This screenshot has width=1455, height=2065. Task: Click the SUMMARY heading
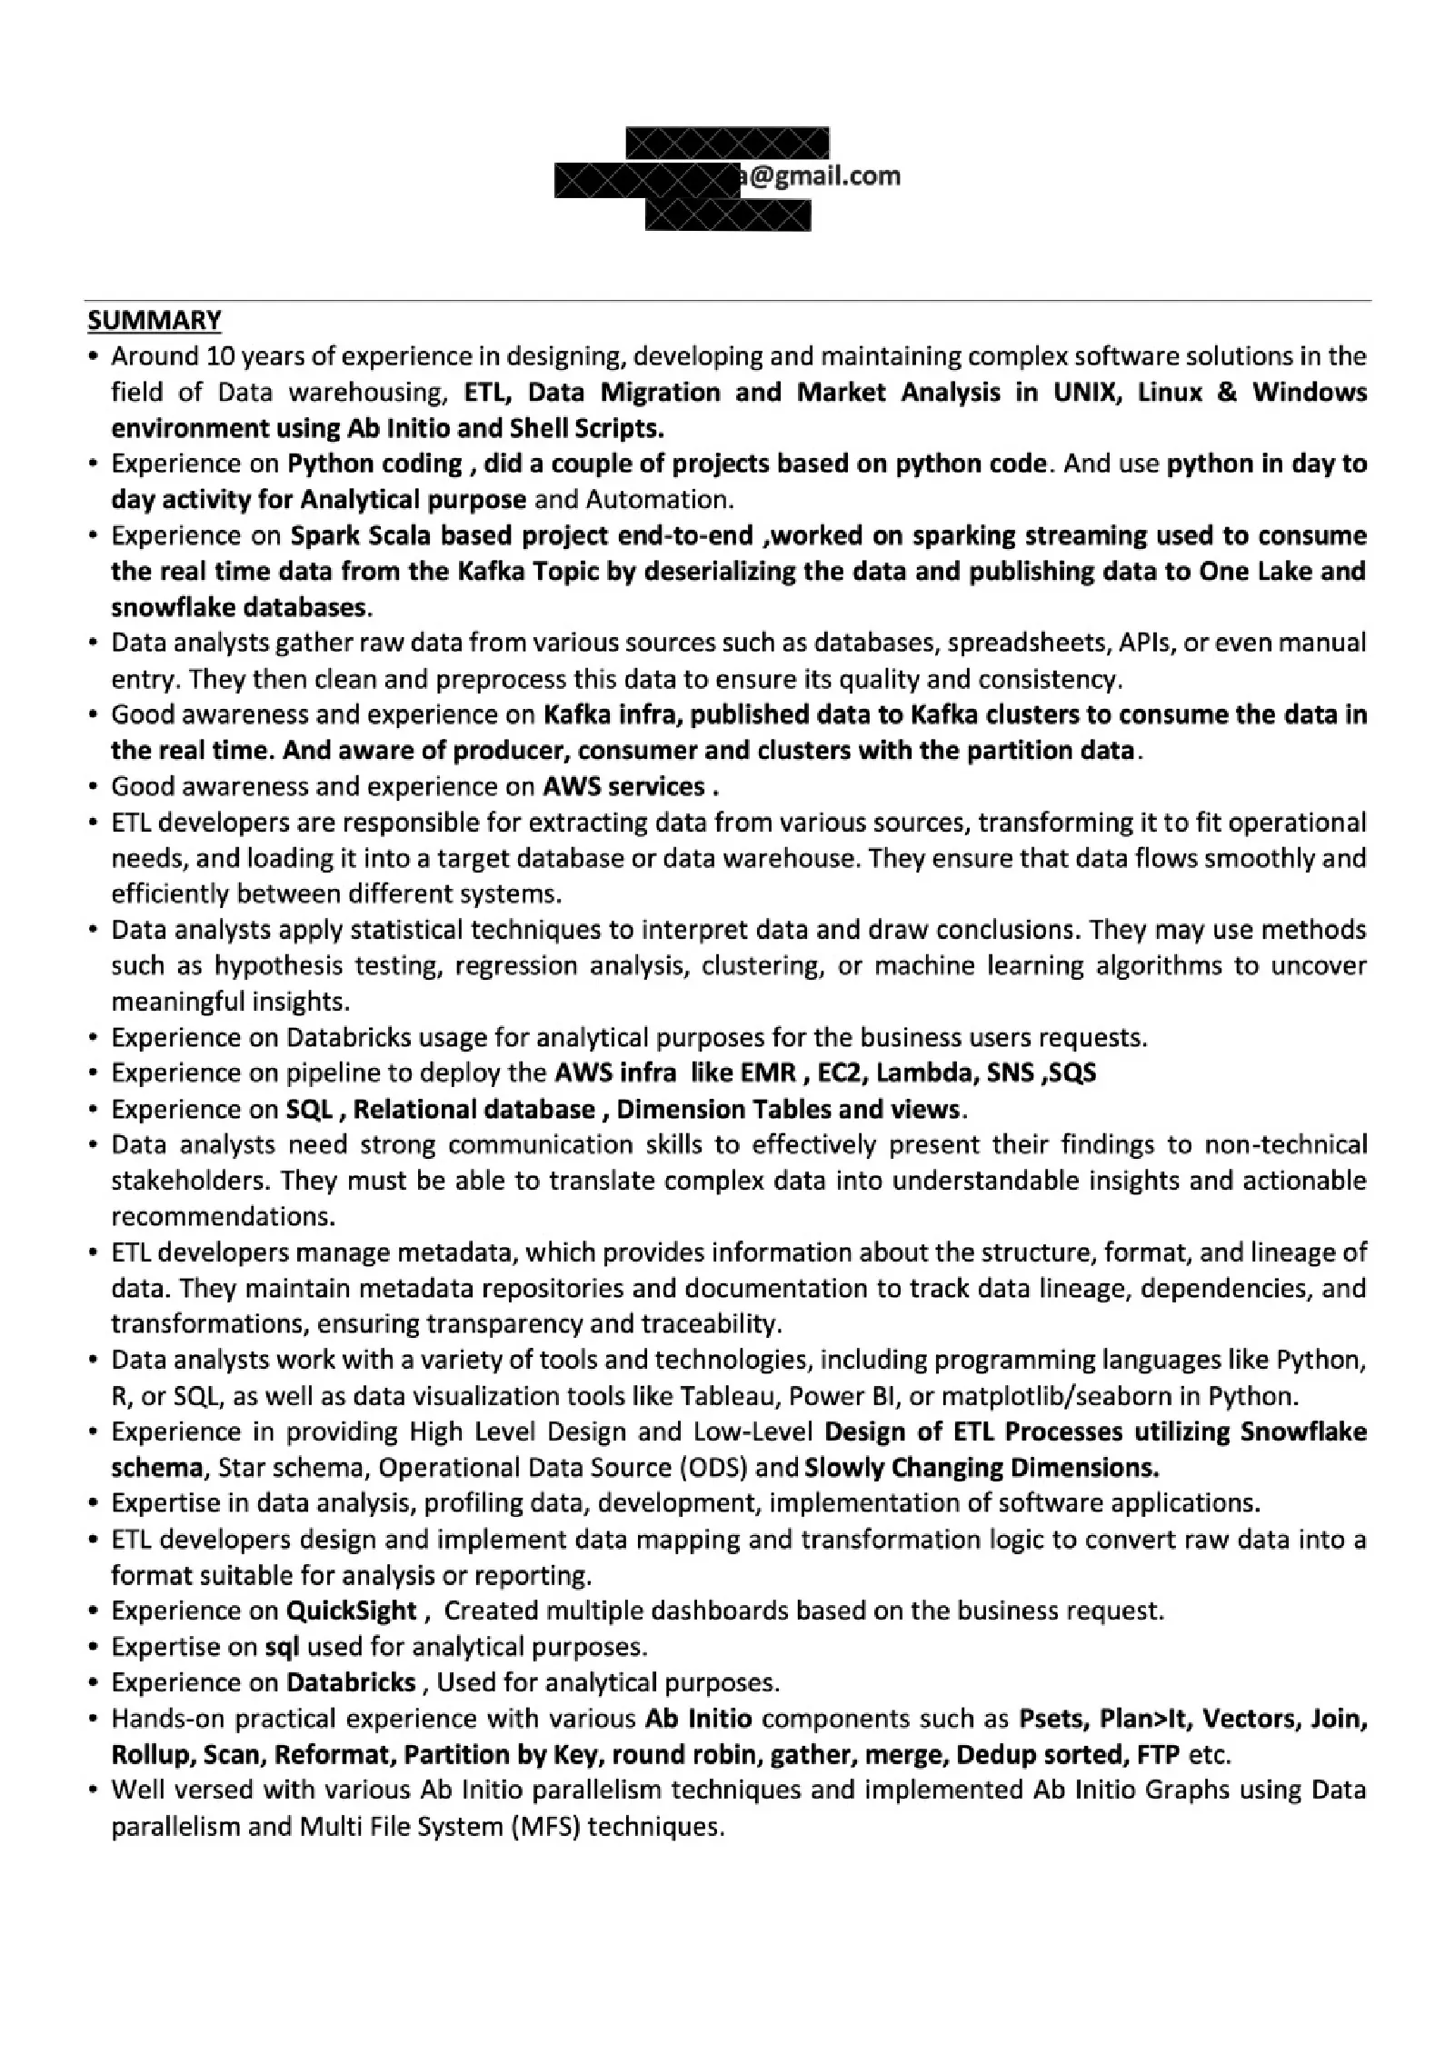click(154, 320)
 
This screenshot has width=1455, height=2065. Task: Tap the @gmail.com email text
click(821, 175)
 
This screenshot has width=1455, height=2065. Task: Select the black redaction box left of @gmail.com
click(647, 181)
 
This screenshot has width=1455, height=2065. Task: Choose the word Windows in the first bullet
click(1310, 392)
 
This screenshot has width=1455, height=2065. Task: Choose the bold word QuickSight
click(352, 1611)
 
